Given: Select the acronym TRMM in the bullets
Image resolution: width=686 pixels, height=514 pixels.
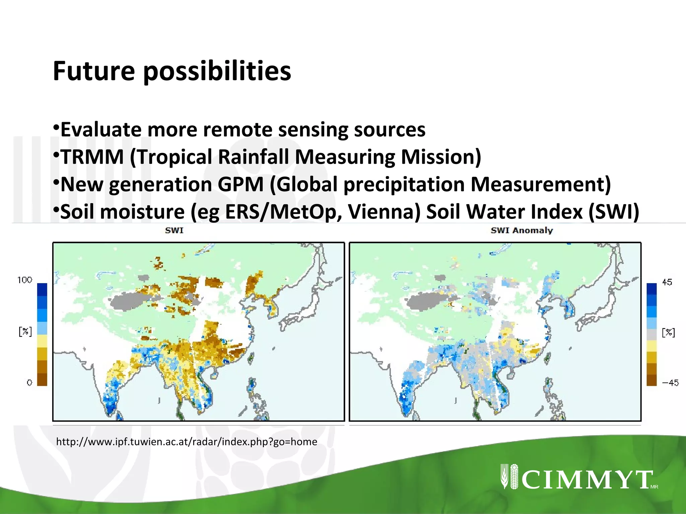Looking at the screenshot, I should click(x=92, y=157).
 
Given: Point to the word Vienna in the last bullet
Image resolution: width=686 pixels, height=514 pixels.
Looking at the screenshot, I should click(x=384, y=212).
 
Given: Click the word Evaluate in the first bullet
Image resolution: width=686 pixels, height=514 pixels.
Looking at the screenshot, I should click(x=100, y=130).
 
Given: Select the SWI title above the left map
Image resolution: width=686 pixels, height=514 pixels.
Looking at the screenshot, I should click(x=174, y=231).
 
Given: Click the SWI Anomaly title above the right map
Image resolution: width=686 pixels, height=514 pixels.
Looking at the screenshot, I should click(x=522, y=231).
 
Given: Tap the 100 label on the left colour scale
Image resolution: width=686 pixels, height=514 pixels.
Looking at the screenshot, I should click(x=25, y=280).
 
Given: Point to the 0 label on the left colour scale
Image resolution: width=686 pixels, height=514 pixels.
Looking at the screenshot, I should click(x=29, y=382).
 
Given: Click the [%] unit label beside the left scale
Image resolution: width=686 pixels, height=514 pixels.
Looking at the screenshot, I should click(x=25, y=332).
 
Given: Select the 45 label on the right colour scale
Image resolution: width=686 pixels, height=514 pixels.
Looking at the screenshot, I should click(x=667, y=282).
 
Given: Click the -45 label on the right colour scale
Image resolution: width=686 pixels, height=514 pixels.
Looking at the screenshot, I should click(x=670, y=383).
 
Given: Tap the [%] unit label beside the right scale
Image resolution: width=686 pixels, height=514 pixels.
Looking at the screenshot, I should click(x=669, y=333).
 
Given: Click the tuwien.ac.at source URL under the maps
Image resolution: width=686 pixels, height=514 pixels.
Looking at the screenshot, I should click(x=187, y=442).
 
